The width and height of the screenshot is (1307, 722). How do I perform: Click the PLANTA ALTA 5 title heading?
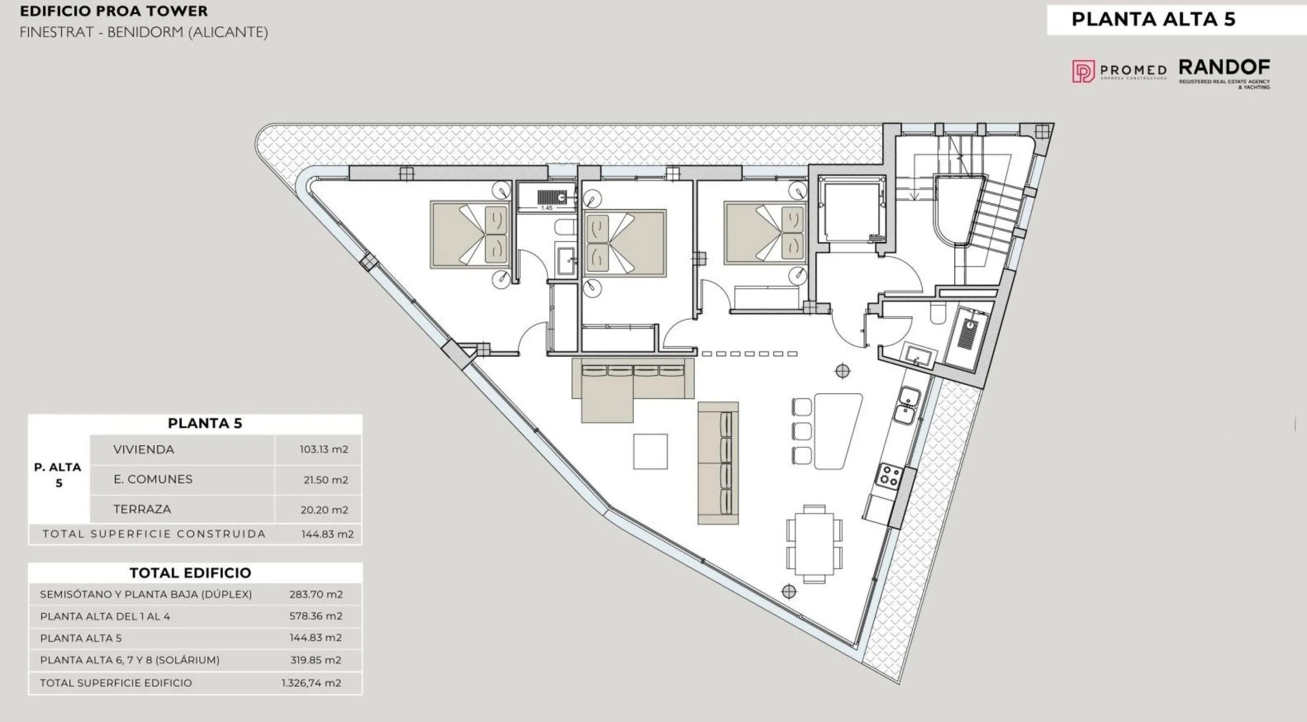pyautogui.click(x=1153, y=19)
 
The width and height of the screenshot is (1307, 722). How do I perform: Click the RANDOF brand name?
pyautogui.click(x=1224, y=67)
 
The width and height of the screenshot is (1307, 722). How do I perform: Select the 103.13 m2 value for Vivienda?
pyautogui.click(x=324, y=449)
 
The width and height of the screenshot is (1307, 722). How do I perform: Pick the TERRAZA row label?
pyautogui.click(x=142, y=509)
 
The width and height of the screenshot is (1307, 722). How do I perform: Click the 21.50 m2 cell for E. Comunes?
pyautogui.click(x=326, y=479)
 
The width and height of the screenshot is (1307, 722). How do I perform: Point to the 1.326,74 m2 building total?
pyautogui.click(x=311, y=683)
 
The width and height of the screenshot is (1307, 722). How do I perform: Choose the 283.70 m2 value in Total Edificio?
pyautogui.click(x=316, y=594)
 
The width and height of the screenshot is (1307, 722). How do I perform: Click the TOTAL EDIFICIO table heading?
pyautogui.click(x=190, y=573)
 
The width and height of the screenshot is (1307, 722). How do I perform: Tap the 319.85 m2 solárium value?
pyautogui.click(x=316, y=660)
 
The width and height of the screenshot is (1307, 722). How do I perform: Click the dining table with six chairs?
pyautogui.click(x=814, y=544)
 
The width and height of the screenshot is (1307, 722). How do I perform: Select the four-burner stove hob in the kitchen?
pyautogui.click(x=889, y=475)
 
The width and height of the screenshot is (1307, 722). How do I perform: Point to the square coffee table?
pyautogui.click(x=650, y=451)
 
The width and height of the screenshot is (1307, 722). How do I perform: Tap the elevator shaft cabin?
pyautogui.click(x=852, y=212)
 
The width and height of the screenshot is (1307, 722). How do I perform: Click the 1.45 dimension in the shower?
pyautogui.click(x=547, y=208)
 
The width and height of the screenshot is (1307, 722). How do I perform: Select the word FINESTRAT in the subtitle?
pyautogui.click(x=57, y=33)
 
